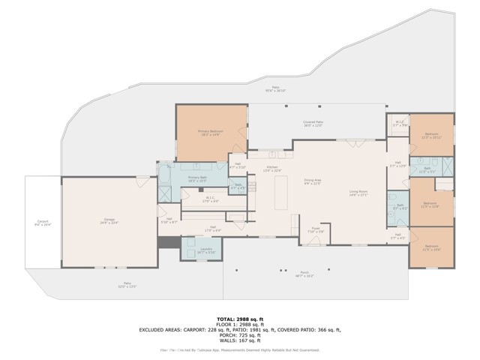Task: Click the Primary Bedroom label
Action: [x=210, y=133]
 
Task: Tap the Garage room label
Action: [x=109, y=220]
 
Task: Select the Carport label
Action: [x=43, y=222]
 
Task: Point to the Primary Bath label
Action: [x=197, y=178]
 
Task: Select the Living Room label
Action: [x=358, y=193]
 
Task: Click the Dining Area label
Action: [x=313, y=181]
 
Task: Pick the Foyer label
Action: [x=316, y=229]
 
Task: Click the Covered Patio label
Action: [x=313, y=124]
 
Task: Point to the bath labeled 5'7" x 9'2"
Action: [x=400, y=206]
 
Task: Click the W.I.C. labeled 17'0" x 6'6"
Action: [x=211, y=199]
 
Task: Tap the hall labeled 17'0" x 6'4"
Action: [x=213, y=229]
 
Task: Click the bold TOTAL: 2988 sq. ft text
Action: [x=239, y=319]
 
